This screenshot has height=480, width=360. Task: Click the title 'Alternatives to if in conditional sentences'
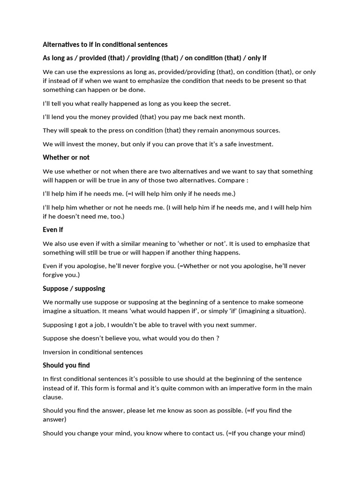click(x=105, y=45)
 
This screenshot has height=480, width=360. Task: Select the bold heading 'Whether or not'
click(x=66, y=157)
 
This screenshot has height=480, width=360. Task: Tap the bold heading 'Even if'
click(x=53, y=230)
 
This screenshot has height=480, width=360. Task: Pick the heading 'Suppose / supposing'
click(x=74, y=288)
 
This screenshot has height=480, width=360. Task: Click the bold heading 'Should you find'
click(x=66, y=365)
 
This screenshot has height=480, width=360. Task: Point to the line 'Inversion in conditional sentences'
click(x=93, y=352)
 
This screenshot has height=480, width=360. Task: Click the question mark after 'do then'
click(x=217, y=338)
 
